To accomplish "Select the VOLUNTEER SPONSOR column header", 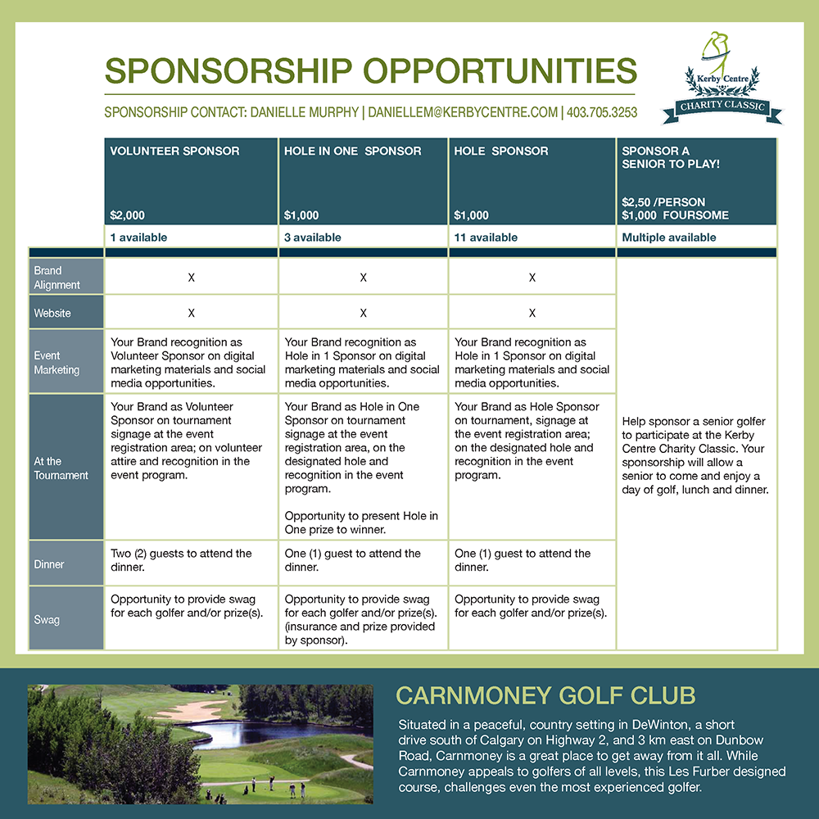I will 175,151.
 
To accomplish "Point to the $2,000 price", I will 128,215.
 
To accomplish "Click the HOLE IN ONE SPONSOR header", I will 353,151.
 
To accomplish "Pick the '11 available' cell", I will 486,238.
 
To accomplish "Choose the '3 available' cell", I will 313,238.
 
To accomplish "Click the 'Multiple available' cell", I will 669,238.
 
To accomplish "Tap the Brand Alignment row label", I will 57,278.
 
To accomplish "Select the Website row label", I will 52,313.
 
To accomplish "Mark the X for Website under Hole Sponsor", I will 532,313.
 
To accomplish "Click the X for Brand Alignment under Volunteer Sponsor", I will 191,278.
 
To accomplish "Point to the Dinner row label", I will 49,564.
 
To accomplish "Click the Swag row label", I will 47,620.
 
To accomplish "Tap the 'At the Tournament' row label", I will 61,468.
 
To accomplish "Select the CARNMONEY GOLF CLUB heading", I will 545,696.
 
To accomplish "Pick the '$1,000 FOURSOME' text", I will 675,215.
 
